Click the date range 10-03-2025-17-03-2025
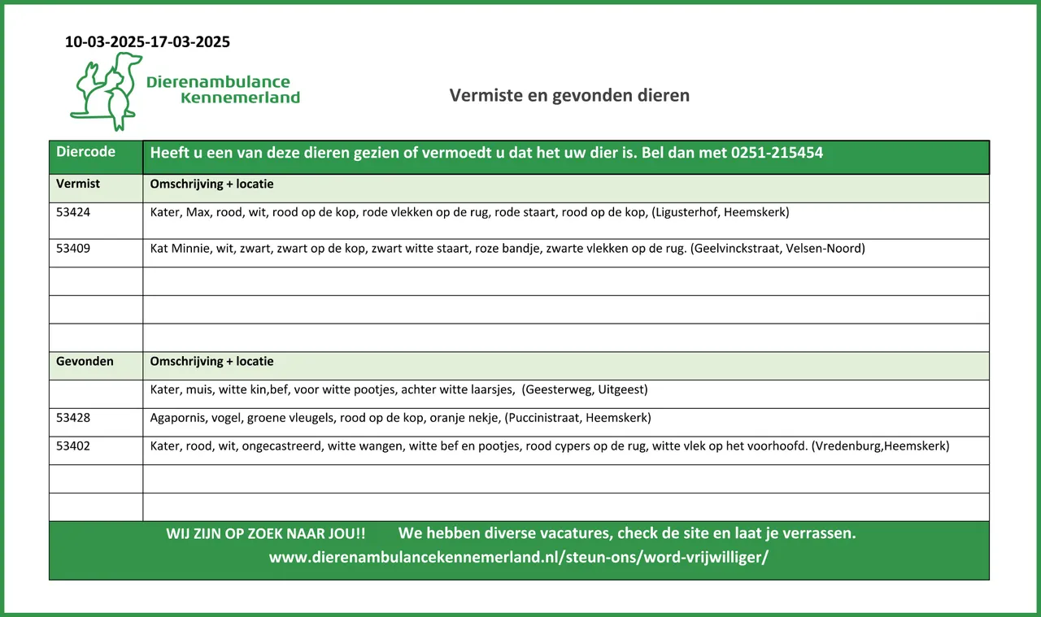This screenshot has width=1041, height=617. (147, 42)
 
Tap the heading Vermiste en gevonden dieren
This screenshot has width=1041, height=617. (569, 95)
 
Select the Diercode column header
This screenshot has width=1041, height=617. (85, 152)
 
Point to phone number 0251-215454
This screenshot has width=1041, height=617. (777, 153)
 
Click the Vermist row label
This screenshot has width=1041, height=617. (78, 184)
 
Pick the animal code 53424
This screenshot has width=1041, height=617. (73, 213)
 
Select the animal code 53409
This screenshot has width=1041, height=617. (73, 249)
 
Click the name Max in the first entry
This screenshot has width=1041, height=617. (198, 213)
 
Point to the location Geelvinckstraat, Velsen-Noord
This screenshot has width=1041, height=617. (777, 249)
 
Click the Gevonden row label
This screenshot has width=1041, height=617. (85, 361)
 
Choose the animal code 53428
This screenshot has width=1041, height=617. (73, 418)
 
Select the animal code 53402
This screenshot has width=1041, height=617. (73, 446)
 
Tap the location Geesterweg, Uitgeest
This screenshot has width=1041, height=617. (586, 389)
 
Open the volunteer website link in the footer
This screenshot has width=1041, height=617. (519, 558)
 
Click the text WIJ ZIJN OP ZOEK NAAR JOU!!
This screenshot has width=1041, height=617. (266, 534)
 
